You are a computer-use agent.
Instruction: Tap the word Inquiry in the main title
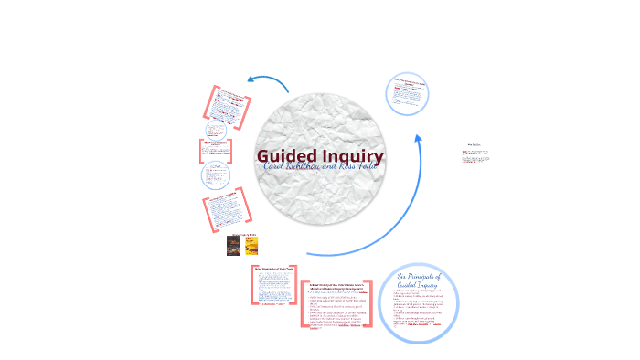point(353,156)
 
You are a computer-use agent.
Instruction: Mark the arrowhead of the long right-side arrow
point(420,138)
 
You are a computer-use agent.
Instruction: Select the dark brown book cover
point(234,245)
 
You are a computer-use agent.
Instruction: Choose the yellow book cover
point(251,245)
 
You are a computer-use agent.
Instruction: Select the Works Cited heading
point(474,143)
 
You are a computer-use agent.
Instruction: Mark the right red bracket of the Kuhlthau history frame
point(369,303)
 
